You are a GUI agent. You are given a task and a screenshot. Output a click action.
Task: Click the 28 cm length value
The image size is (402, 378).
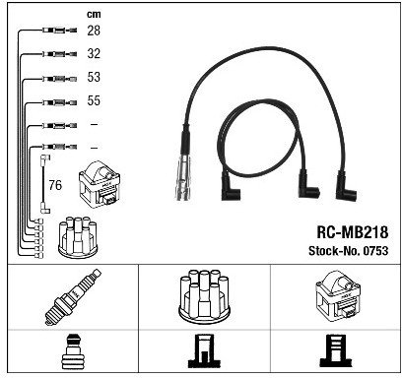pyautogui.click(x=94, y=31)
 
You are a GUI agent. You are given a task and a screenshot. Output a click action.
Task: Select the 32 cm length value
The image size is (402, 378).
pyautogui.click(x=94, y=53)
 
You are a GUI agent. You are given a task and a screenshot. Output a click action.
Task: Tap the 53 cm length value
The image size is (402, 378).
pyautogui.click(x=94, y=77)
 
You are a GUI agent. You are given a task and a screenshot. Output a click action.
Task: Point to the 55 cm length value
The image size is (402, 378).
pyautogui.click(x=94, y=100)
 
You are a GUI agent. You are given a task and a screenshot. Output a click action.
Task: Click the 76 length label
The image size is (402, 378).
pyautogui.click(x=55, y=185)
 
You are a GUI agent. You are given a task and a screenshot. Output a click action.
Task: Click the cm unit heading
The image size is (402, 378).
pyautogui.click(x=94, y=15)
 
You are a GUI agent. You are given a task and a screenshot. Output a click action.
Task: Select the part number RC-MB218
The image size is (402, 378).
pyautogui.click(x=352, y=232)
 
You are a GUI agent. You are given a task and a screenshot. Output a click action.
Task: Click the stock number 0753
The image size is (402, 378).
pyautogui.click(x=375, y=251)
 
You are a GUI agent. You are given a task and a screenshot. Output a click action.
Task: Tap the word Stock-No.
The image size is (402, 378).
pyautogui.click(x=334, y=251)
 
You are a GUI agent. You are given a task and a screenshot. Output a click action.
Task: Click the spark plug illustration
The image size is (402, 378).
pyautogui.click(x=73, y=297)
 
